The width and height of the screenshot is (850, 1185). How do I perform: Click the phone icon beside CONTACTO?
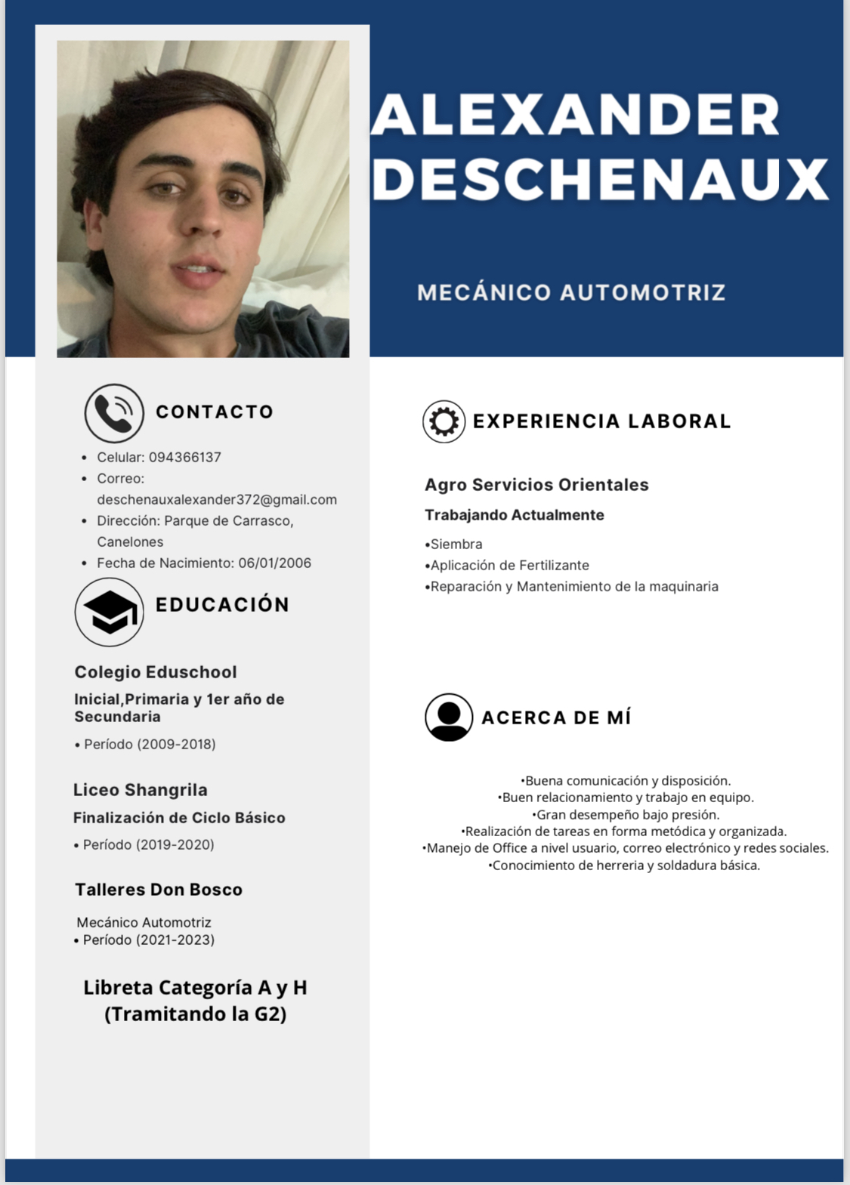114,413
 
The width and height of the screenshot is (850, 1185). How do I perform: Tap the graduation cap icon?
110,612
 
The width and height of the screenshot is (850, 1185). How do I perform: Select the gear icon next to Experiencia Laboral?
444,421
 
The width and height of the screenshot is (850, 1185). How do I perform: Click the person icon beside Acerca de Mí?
449,717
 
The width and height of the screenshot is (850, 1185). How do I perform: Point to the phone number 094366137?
185,457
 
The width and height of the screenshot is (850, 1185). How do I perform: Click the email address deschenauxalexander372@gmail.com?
217,499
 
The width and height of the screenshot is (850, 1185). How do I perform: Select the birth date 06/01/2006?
275,563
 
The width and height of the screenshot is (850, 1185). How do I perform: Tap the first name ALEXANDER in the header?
576,115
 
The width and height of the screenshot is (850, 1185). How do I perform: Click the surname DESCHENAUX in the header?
601,180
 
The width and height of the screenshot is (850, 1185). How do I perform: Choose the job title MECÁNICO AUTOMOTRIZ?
571,292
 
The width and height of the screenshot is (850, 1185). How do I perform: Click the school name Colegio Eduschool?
156,672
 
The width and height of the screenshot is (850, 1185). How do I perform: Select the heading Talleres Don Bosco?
159,890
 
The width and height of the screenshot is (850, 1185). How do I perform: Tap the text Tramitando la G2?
196,1014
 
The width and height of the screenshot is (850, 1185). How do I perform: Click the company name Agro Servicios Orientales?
536,485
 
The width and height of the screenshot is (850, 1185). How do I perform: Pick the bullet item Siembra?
456,544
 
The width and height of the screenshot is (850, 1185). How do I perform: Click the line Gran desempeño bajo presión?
626,814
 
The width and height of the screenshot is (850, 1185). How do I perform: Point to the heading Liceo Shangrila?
141,790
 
